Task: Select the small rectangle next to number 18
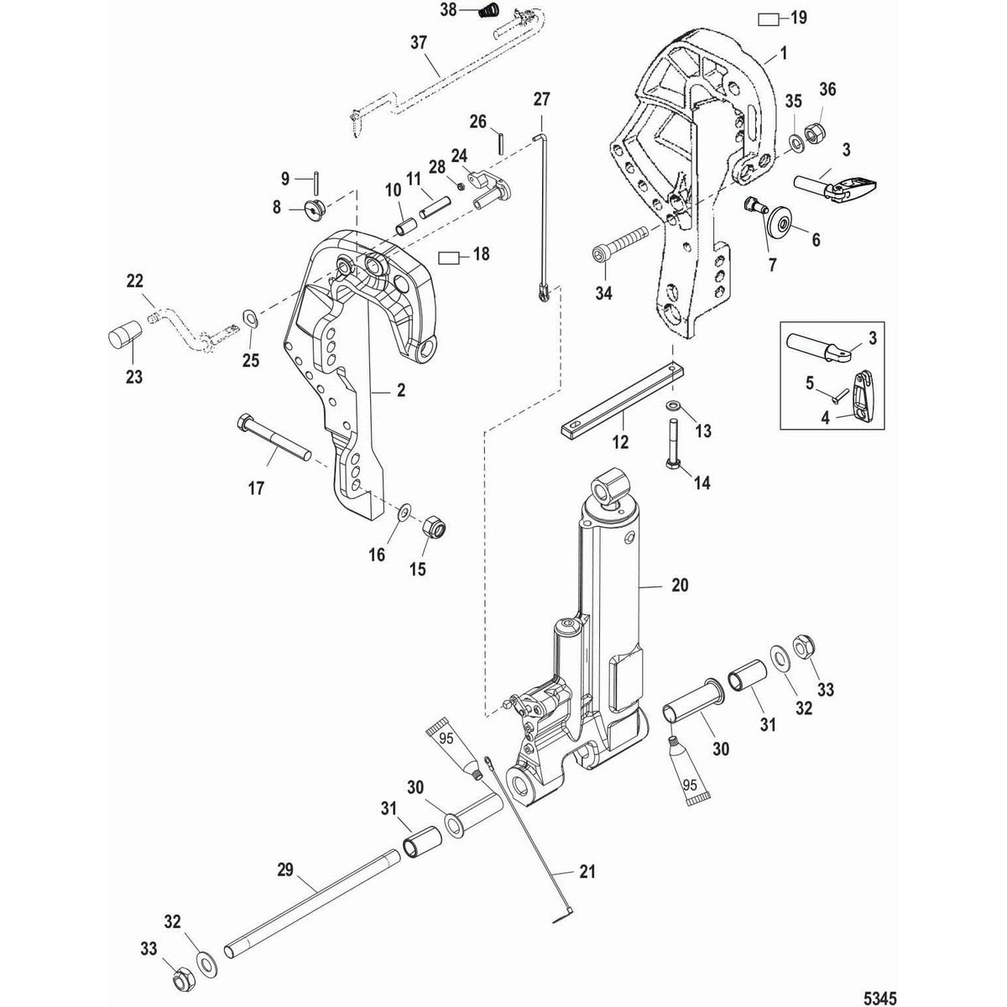tap(452, 255)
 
